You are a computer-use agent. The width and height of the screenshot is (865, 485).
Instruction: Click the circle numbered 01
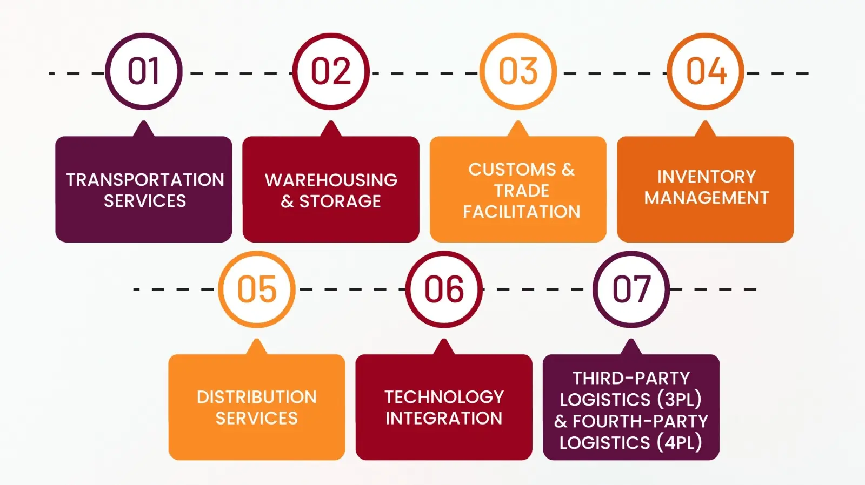pyautogui.click(x=144, y=71)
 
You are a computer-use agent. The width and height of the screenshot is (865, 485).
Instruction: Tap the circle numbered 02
pyautogui.click(x=331, y=71)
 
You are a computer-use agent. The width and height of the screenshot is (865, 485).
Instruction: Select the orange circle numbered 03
pyautogui.click(x=518, y=71)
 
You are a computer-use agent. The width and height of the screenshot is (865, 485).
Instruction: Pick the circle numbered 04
pyautogui.click(x=706, y=71)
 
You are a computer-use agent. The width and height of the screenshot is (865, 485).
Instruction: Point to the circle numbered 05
pyautogui.click(x=257, y=289)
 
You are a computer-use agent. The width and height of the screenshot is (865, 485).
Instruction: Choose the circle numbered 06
pyautogui.click(x=444, y=289)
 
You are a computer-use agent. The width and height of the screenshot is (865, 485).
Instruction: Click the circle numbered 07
pyautogui.click(x=631, y=289)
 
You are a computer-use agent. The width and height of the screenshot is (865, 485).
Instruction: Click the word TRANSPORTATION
pyautogui.click(x=145, y=180)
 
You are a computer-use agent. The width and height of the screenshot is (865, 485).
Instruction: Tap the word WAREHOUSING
pyautogui.click(x=331, y=180)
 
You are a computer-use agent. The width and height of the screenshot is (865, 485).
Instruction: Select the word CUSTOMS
pyautogui.click(x=512, y=170)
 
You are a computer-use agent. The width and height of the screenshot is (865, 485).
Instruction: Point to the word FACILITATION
pyautogui.click(x=521, y=212)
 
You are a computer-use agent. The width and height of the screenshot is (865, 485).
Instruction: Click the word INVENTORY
pyautogui.click(x=706, y=177)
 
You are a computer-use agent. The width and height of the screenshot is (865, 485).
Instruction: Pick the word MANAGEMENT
pyautogui.click(x=706, y=198)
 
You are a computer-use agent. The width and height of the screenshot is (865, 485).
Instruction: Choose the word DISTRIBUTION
pyautogui.click(x=257, y=398)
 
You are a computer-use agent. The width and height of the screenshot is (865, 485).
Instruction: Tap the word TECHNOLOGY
pyautogui.click(x=444, y=398)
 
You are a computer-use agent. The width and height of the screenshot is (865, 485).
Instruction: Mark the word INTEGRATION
pyautogui.click(x=444, y=419)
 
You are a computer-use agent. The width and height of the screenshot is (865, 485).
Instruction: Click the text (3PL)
pyautogui.click(x=679, y=400)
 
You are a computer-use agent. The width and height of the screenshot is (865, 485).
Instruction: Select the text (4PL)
pyautogui.click(x=679, y=443)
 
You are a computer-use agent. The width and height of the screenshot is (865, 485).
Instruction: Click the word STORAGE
pyautogui.click(x=340, y=201)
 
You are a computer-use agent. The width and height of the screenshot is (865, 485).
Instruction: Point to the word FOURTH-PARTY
pyautogui.click(x=640, y=421)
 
